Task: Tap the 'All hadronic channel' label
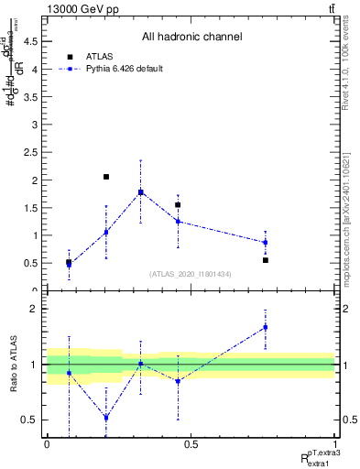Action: coord(191,38)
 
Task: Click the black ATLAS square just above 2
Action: coord(106,177)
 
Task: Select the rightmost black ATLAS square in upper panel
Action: coord(266,260)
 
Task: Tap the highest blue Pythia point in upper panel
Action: coord(140,192)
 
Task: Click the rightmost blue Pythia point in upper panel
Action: coord(266,243)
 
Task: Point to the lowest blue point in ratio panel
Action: coord(106,418)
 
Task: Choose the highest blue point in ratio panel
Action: coord(266,327)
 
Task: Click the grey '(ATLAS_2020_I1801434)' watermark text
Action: coord(190,273)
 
